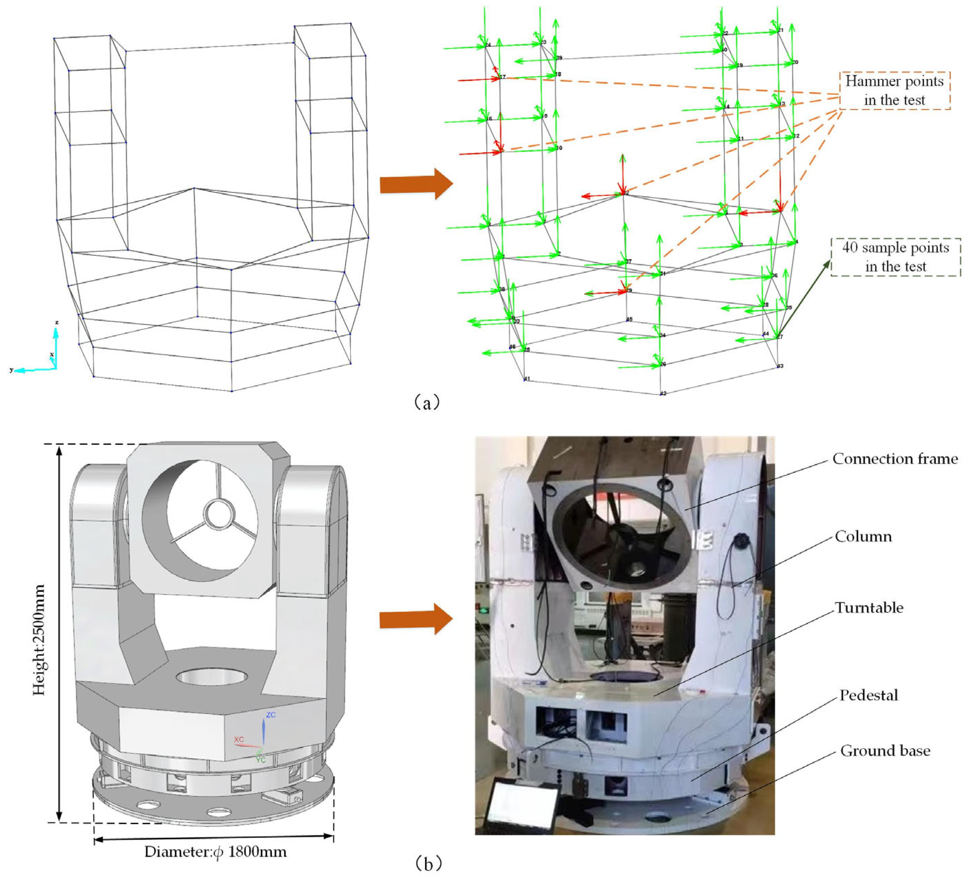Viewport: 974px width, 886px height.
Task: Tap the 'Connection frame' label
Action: click(895, 459)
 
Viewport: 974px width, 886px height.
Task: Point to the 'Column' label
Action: click(863, 537)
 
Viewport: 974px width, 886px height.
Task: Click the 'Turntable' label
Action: click(869, 608)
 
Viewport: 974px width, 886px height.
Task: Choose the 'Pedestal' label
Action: click(868, 695)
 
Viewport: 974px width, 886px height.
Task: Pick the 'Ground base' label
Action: click(885, 751)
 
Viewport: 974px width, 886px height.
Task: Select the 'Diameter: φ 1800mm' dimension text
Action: click(216, 852)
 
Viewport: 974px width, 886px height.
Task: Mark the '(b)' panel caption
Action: click(427, 864)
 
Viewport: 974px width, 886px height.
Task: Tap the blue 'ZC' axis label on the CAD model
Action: click(271, 715)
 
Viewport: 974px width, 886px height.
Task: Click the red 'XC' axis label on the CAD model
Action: click(239, 740)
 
